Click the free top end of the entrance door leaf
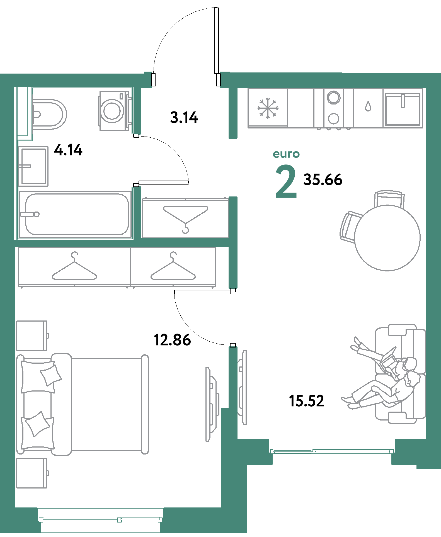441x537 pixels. coord(216,8)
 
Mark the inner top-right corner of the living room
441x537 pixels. coord(426,88)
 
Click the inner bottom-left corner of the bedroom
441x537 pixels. coord(15,507)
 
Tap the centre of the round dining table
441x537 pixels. coord(387,238)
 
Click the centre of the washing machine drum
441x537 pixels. coord(112,111)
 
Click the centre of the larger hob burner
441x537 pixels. coord(334,97)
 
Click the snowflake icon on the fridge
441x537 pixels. coord(268,108)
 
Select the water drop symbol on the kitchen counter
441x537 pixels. coord(368,106)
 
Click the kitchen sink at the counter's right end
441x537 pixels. coord(403,109)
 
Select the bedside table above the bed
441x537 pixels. coord(31,336)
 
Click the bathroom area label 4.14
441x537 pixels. coord(68,150)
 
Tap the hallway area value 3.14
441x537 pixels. coord(184,117)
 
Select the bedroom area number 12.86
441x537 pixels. coord(172,340)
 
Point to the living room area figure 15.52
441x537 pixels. coord(307,401)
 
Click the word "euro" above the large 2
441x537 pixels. coord(286,154)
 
